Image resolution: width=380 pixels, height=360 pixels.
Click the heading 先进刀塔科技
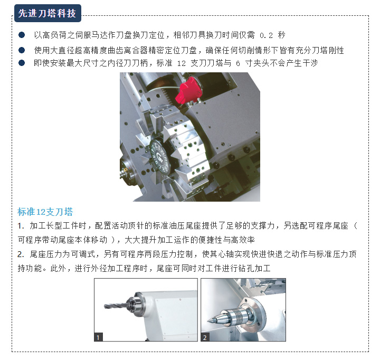(47, 13)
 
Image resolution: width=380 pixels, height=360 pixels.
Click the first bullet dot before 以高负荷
(22, 35)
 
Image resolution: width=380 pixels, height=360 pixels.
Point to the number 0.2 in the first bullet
(266, 36)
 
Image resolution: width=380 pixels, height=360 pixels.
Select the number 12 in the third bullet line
(181, 63)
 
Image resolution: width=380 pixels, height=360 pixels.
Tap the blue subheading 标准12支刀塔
(45, 212)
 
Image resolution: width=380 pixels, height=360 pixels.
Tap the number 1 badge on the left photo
(98, 337)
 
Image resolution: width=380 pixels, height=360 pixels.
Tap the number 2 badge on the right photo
(205, 337)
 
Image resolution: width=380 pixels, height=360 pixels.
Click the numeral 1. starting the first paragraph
(21, 226)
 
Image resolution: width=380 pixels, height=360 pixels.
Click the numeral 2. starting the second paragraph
(21, 254)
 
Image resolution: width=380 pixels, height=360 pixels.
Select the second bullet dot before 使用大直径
(22, 50)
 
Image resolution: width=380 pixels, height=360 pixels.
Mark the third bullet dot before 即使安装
(22, 63)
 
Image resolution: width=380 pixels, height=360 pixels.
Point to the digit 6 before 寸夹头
(238, 63)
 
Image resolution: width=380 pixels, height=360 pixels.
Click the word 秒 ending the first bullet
(281, 35)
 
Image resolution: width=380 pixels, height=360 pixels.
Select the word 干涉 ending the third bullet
(310, 63)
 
